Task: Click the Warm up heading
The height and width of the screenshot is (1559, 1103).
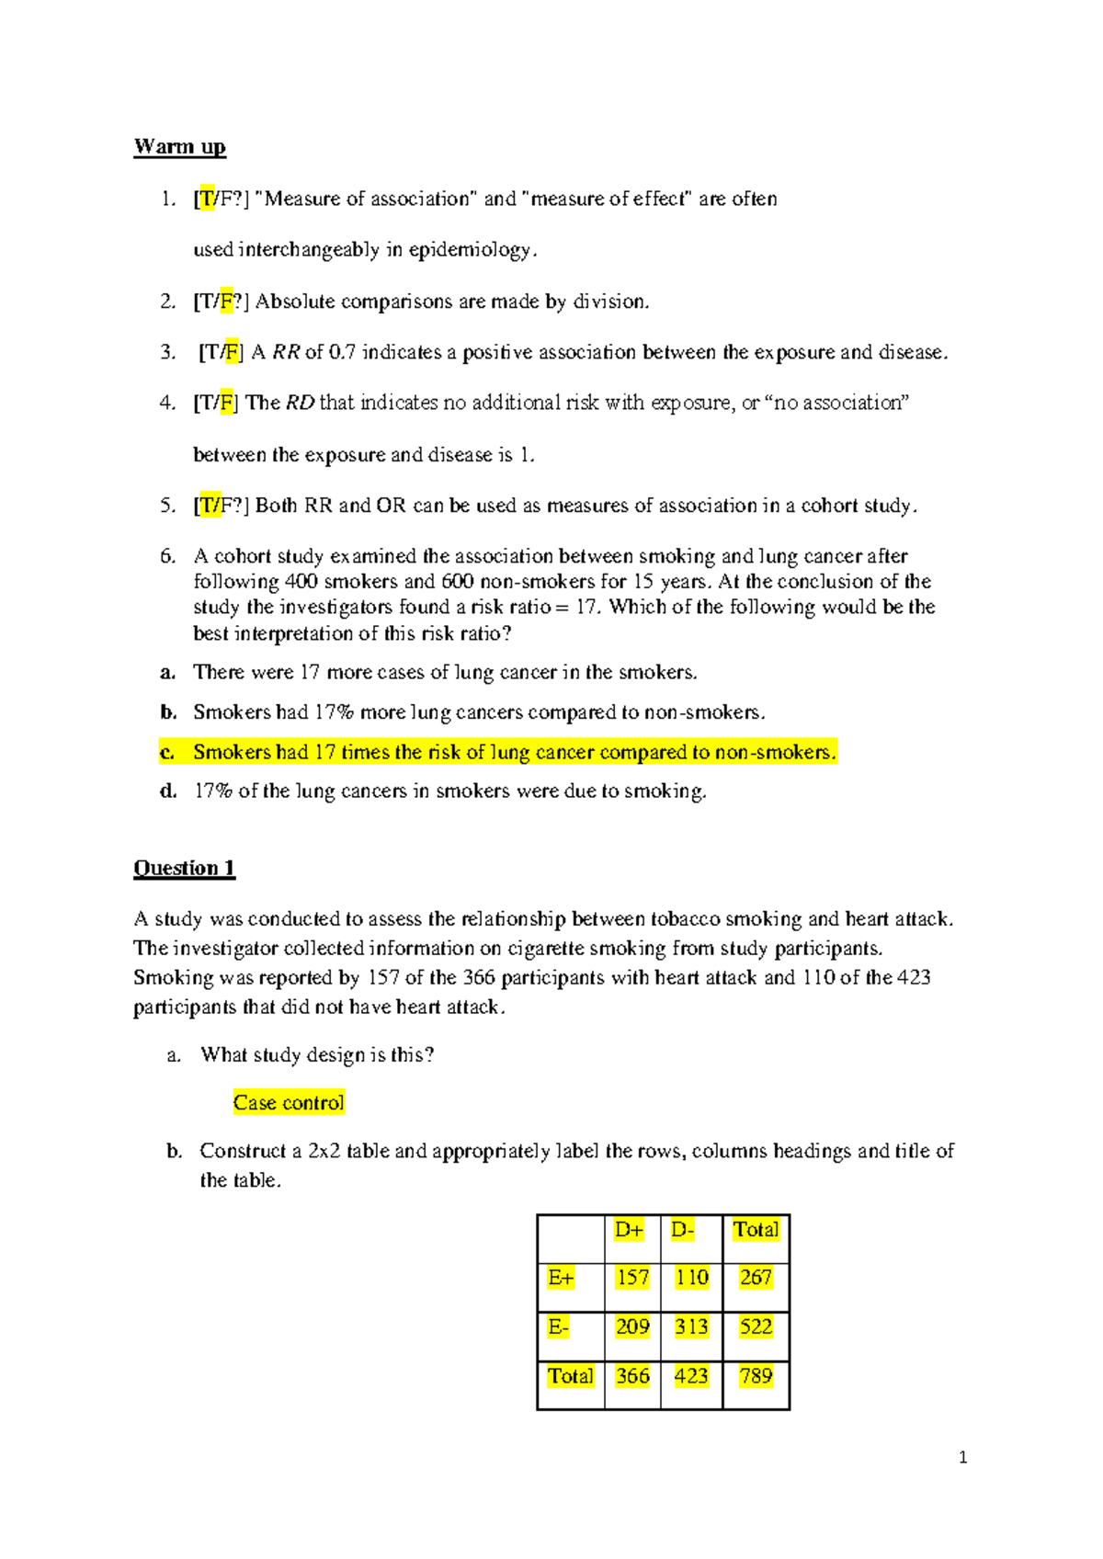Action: tap(179, 147)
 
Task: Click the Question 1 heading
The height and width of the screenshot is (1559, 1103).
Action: tap(184, 868)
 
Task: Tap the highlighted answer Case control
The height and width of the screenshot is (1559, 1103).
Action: tap(289, 1102)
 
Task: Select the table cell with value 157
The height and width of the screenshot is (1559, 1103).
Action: tap(632, 1278)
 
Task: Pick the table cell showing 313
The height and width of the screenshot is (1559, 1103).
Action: tap(690, 1326)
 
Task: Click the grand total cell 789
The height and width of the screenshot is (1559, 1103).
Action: tap(756, 1376)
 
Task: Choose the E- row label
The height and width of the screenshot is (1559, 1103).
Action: tap(559, 1326)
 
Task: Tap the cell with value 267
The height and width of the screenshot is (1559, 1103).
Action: tap(756, 1278)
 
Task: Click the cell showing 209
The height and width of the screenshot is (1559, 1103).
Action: tap(632, 1326)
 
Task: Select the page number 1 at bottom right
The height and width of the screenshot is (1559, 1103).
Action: tap(962, 1457)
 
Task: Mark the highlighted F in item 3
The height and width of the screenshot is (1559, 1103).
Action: tap(232, 352)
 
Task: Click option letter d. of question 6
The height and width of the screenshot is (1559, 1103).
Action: tap(167, 791)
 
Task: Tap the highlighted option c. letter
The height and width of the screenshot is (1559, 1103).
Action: tap(167, 752)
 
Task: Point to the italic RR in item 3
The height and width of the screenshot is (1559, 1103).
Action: tap(286, 352)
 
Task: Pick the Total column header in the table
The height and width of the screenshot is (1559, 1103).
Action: tap(756, 1229)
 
